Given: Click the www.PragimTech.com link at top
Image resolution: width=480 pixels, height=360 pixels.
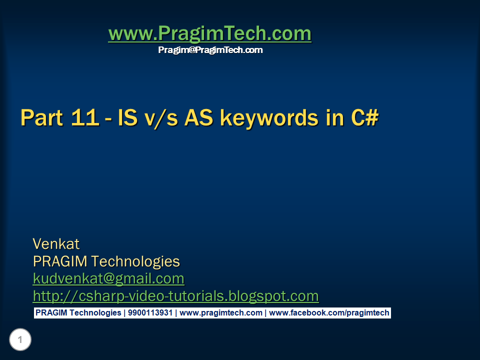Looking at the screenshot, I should click(x=209, y=34).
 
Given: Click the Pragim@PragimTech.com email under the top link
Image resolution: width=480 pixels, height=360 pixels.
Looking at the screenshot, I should click(x=210, y=50).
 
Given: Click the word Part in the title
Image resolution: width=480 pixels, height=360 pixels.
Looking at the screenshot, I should click(x=41, y=118).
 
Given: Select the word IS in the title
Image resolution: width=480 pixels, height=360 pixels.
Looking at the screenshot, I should click(x=126, y=118).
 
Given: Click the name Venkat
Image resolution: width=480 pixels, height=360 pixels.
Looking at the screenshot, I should click(x=56, y=244).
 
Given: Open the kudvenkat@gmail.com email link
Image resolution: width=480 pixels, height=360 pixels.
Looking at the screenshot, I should click(x=108, y=278).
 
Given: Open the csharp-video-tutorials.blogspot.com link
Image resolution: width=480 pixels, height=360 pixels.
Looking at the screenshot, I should click(x=175, y=296).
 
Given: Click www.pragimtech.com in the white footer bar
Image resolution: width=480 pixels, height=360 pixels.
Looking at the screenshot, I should click(x=220, y=313).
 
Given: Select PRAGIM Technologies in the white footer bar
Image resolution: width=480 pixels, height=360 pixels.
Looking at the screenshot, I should click(x=78, y=313).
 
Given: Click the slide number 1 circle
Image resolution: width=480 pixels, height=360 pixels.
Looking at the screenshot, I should click(x=20, y=340).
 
